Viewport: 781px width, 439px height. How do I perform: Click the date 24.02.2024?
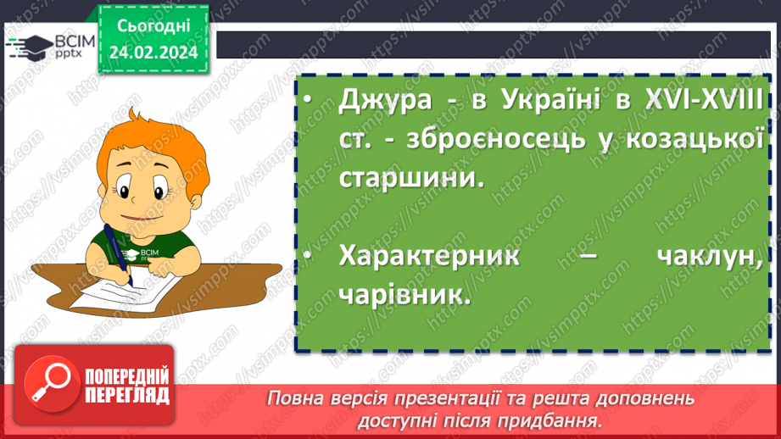click(153, 52)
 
